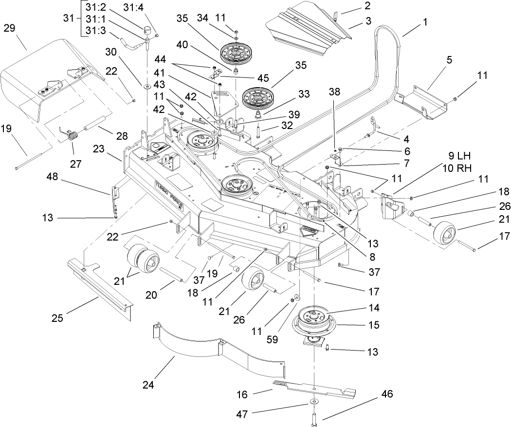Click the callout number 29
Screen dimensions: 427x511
point(10,27)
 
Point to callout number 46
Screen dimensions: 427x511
point(388,393)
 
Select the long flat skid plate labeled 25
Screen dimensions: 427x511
point(100,290)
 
